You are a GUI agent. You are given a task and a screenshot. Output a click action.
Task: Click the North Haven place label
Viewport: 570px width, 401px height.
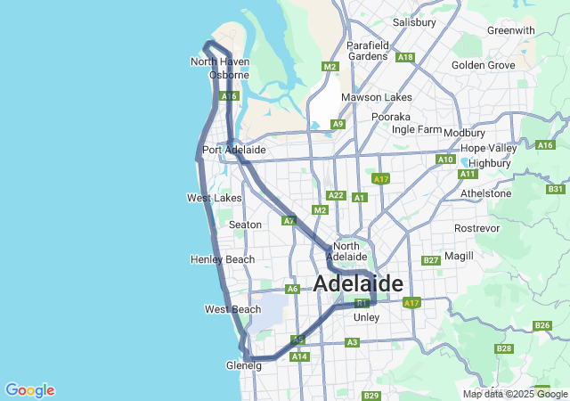[219, 61]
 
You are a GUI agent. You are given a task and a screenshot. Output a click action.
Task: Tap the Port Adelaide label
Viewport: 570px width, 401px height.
[233, 150]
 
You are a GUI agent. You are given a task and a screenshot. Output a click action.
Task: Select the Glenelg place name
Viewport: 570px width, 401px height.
[244, 365]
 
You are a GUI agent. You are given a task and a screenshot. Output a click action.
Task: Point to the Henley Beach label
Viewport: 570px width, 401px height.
[222, 259]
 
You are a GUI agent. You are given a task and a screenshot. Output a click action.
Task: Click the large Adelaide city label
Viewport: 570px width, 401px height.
[358, 284]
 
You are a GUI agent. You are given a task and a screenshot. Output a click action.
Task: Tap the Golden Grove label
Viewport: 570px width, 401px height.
[483, 65]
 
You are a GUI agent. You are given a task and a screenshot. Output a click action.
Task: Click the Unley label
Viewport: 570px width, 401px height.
[366, 317]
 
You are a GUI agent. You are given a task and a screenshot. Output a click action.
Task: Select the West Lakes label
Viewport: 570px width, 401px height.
[214, 198]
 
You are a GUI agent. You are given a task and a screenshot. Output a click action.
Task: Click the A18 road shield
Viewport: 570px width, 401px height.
[405, 57]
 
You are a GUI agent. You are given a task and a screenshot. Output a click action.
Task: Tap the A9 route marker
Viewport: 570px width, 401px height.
[338, 124]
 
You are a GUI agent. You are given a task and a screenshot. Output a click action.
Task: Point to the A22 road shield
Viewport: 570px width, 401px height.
[336, 195]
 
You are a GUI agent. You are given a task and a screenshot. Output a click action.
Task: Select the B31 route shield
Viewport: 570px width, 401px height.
[556, 189]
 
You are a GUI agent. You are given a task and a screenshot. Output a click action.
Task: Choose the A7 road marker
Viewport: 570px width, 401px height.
[289, 220]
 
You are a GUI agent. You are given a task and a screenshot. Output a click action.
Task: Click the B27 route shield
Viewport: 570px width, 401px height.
[431, 260]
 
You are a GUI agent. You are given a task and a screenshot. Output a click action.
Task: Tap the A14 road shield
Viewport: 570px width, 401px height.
[299, 356]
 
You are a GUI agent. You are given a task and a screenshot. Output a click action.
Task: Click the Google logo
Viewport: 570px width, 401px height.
[29, 390]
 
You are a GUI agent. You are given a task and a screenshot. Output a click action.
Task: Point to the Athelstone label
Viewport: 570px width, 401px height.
[484, 192]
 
